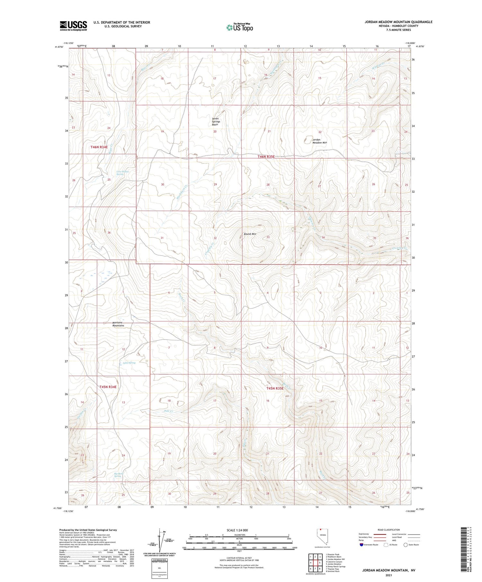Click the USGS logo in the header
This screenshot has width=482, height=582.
tap(73, 26)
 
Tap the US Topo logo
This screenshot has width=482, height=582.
tap(240, 27)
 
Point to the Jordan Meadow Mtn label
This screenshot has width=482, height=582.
tap(319, 141)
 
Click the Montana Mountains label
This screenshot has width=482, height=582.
tap(118, 324)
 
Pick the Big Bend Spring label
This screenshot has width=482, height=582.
tap(119, 475)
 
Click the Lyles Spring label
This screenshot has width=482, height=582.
tap(129, 363)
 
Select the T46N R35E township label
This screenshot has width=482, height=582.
tap(266, 157)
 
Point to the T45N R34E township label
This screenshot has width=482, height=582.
tap(108, 387)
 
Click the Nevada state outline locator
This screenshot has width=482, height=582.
tap(323, 537)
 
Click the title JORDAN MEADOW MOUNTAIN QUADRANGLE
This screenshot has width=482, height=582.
tap(398, 22)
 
